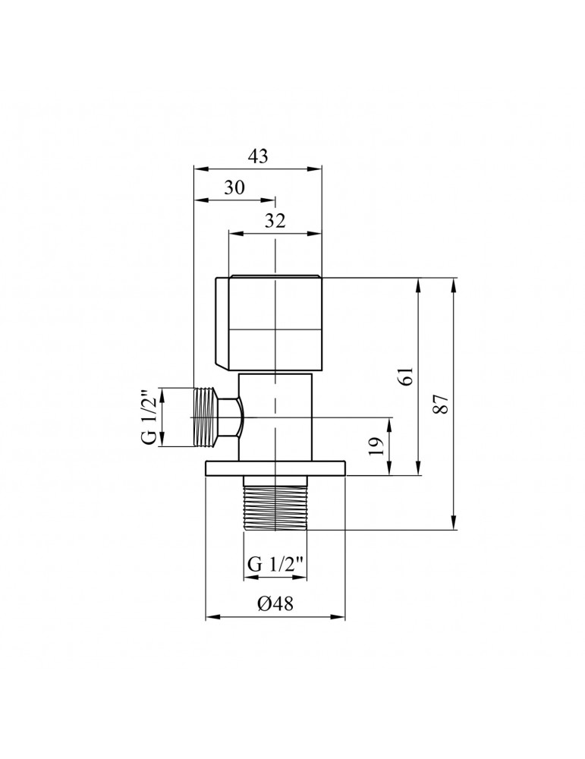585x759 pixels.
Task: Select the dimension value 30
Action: (x=234, y=188)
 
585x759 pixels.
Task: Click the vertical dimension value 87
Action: (x=445, y=404)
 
